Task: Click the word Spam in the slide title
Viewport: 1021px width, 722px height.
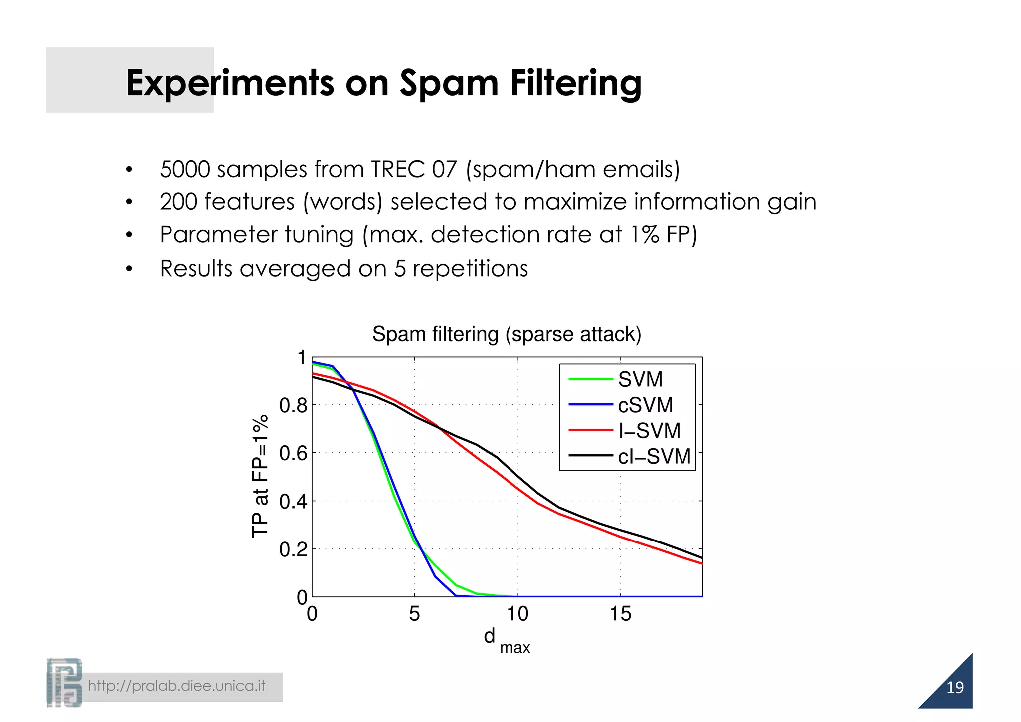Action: pyautogui.click(x=449, y=83)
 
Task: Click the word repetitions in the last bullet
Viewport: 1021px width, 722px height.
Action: pyautogui.click(x=470, y=269)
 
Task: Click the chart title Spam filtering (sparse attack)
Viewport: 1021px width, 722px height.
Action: pyautogui.click(x=507, y=334)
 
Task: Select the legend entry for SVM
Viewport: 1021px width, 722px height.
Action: pyautogui.click(x=640, y=380)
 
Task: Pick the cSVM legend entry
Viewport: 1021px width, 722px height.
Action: pyautogui.click(x=645, y=405)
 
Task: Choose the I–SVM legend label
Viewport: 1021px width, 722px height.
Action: pyautogui.click(x=649, y=431)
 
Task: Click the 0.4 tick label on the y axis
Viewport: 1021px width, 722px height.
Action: pyautogui.click(x=293, y=502)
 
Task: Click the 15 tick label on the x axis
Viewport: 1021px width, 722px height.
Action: pyautogui.click(x=620, y=614)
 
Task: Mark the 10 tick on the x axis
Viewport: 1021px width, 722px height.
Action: pyautogui.click(x=517, y=614)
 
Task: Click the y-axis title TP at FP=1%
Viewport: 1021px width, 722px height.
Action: pyautogui.click(x=260, y=476)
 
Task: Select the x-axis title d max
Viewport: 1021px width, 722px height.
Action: pyautogui.click(x=506, y=640)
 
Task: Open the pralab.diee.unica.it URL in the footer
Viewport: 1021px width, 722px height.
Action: pyautogui.click(x=176, y=686)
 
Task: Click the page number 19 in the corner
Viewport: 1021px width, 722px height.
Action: pyautogui.click(x=954, y=688)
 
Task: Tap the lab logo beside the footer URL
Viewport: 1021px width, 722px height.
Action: pyautogui.click(x=64, y=683)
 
